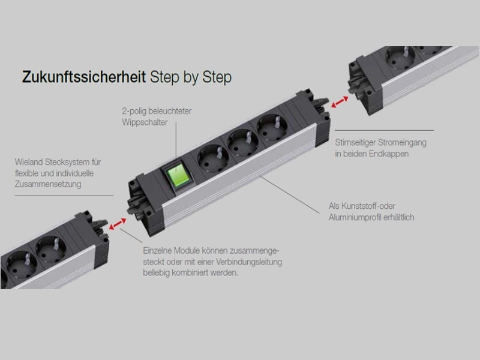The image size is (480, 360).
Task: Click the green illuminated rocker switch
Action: (178, 174)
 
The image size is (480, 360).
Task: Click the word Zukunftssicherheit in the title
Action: (84, 77)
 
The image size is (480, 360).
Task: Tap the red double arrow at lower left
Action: (115, 223)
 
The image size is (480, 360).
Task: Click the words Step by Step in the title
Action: (191, 77)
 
